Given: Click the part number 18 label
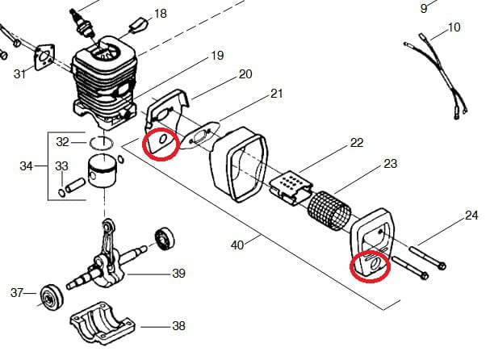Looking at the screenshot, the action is click(x=161, y=14).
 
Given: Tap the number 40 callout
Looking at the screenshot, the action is click(x=237, y=245).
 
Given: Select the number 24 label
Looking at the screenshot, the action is click(x=471, y=216).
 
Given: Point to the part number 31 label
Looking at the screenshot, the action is click(x=19, y=74).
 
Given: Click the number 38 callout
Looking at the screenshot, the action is click(x=178, y=326).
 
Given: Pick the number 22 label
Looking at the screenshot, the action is click(x=357, y=143).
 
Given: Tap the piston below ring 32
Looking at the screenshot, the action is click(x=102, y=171).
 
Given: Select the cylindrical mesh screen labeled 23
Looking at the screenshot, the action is click(x=329, y=211).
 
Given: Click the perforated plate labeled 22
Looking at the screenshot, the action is click(x=291, y=188).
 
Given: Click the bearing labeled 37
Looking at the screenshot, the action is click(x=52, y=298).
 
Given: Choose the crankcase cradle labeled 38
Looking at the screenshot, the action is click(x=103, y=323).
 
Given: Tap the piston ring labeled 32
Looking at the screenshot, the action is click(x=101, y=143).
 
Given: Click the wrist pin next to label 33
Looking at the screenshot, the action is click(x=75, y=185).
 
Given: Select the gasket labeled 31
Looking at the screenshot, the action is click(x=44, y=57).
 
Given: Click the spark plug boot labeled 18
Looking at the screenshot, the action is click(x=137, y=26).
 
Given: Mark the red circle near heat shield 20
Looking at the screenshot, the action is click(x=161, y=144).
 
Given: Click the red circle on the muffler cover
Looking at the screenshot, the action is click(x=370, y=266).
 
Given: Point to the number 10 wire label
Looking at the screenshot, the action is click(x=454, y=27).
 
